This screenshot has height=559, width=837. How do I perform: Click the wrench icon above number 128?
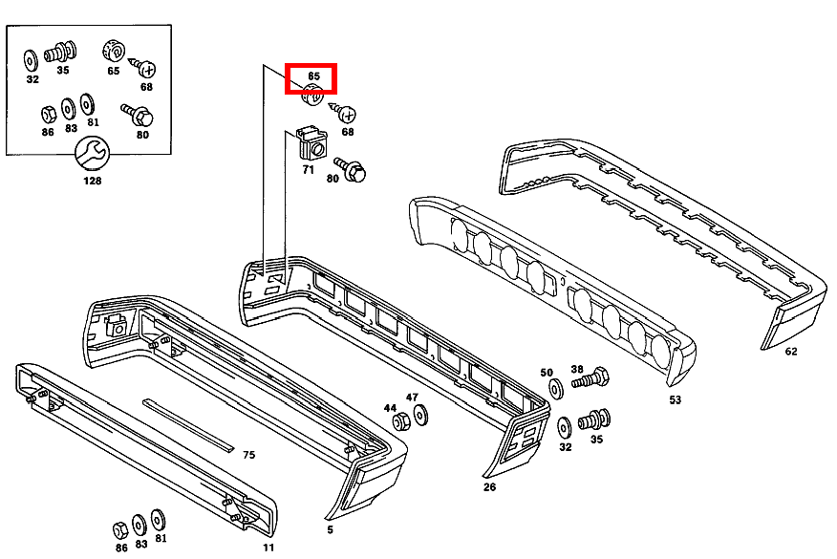[x=92, y=154]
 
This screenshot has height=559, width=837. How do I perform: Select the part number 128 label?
[x=93, y=181]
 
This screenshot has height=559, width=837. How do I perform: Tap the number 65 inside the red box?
[x=313, y=76]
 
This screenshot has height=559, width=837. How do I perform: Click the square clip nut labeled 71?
[x=311, y=143]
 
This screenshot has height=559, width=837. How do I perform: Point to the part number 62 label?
[x=791, y=352]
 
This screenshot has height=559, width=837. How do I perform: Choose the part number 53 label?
[x=676, y=399]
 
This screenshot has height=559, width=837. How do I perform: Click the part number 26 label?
[x=489, y=487]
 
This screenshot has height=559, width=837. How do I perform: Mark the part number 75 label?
[x=248, y=455]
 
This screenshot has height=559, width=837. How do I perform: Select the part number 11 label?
[x=268, y=548]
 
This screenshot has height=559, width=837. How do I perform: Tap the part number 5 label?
[x=330, y=529]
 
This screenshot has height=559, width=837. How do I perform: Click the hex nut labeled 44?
[x=401, y=421]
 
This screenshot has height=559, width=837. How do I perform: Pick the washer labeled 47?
[x=420, y=416]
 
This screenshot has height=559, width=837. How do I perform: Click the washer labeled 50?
[x=556, y=389]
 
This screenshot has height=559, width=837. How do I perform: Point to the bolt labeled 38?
[x=590, y=378]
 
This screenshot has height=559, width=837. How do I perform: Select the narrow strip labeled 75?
[x=188, y=425]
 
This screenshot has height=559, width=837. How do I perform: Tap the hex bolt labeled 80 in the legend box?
[x=138, y=115]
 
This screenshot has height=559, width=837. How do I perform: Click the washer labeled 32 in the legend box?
[x=31, y=60]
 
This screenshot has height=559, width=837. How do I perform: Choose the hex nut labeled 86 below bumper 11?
[x=120, y=530]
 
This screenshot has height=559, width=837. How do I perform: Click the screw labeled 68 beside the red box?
[x=342, y=112]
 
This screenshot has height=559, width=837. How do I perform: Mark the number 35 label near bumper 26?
[x=597, y=440]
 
